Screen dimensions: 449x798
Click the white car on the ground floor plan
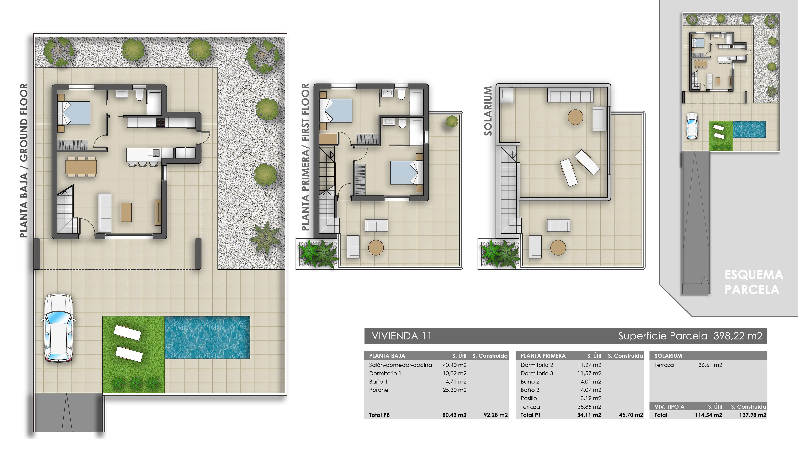59,328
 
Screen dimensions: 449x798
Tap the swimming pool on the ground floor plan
207,337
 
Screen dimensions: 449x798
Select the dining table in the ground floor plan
81,167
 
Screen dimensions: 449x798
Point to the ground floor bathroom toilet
139,96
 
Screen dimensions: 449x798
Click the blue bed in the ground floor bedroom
77,113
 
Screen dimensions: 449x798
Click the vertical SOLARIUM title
488,111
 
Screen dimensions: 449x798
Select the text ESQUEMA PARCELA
753,282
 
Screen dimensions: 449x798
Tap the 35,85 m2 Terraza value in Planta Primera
589,407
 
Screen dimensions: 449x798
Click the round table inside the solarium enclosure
575,117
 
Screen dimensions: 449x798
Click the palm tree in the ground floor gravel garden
266,237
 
